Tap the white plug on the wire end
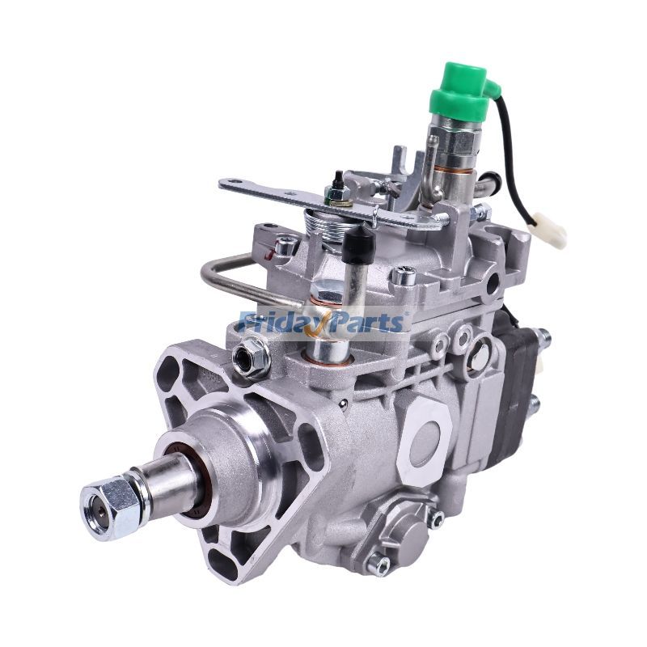(555, 234)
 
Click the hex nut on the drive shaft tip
(109, 506)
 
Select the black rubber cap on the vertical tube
(357, 243)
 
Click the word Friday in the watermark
(279, 322)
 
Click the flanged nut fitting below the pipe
(250, 357)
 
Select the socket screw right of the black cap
(403, 276)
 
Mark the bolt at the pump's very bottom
(377, 565)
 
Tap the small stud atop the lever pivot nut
(332, 179)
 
